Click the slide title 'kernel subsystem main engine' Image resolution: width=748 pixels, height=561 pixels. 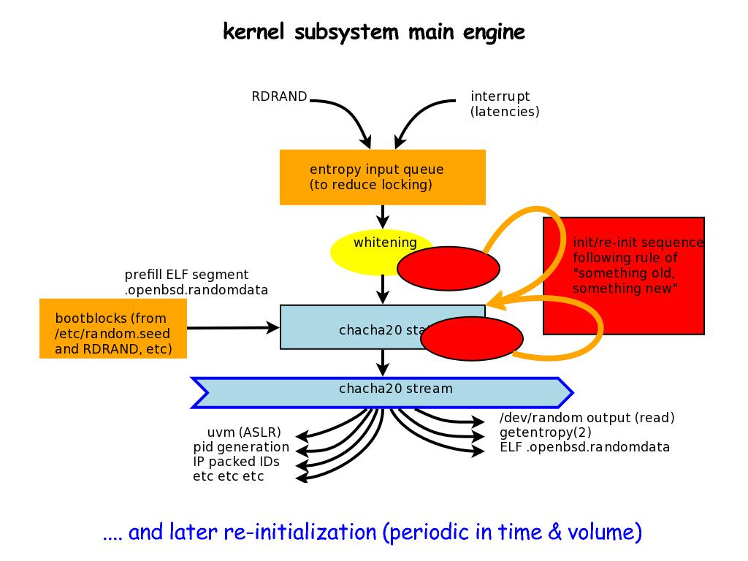373,32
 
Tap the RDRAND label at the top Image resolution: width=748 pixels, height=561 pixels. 279,96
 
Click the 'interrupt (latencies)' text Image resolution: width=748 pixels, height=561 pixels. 505,104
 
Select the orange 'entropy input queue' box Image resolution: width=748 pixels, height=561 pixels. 382,177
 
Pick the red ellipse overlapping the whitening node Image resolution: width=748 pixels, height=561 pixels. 448,267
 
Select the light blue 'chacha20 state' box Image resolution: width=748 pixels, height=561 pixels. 351,328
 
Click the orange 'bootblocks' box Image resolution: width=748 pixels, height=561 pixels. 112,328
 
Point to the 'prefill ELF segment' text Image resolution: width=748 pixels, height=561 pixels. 196,282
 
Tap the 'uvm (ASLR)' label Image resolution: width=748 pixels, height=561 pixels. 244,432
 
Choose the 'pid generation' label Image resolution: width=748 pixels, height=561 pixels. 241,447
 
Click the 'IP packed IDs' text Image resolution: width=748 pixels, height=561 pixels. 236,462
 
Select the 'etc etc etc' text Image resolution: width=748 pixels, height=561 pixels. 228,476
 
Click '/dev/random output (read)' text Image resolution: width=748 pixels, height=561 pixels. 587,418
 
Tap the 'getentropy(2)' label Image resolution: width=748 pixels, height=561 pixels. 545,432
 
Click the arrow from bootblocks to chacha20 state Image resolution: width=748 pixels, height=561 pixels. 234,328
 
